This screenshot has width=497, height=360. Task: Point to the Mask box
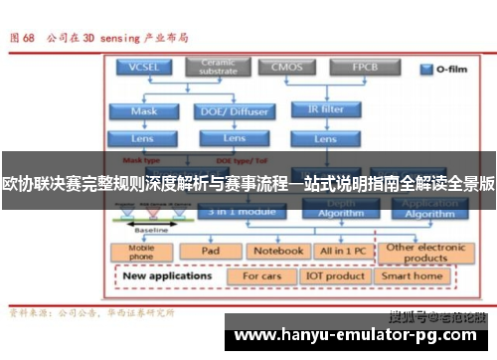tap(143, 111)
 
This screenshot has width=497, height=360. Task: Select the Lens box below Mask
tap(143, 138)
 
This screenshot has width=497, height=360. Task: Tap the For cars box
tap(261, 276)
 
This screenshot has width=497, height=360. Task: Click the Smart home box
tap(413, 276)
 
